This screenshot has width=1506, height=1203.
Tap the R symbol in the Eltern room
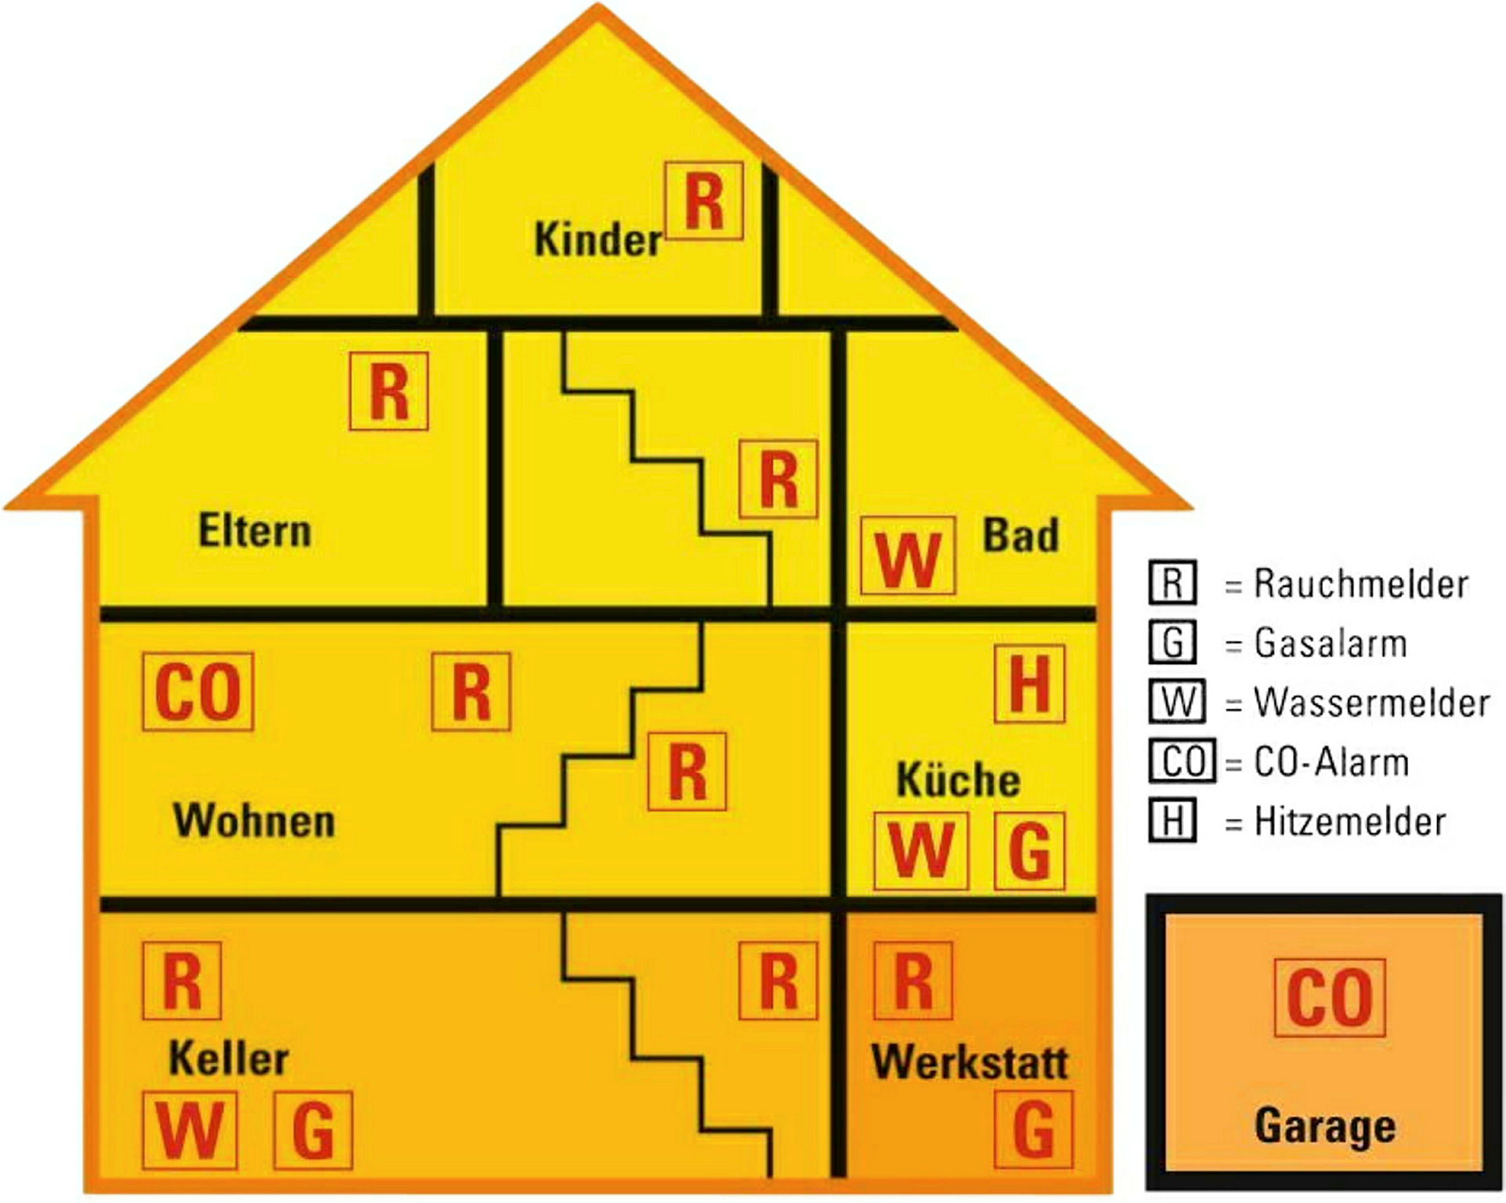[388, 391]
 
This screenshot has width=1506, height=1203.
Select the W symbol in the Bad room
[907, 556]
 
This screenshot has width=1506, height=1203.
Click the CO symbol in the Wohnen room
[198, 692]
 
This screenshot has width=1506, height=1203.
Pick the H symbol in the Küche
[1030, 684]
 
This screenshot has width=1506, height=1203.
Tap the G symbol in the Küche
[1030, 851]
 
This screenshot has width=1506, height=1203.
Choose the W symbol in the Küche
[921, 851]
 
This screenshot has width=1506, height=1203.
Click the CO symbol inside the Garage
[1330, 998]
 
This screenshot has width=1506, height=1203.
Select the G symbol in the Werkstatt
[1033, 1130]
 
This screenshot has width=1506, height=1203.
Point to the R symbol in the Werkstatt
[913, 981]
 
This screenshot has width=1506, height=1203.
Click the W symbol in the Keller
[190, 1130]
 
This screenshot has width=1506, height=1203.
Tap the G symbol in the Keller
[313, 1130]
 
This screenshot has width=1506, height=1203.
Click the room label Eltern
[255, 531]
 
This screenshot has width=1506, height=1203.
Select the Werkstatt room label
[970, 1063]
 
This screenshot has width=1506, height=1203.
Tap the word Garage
[1325, 1128]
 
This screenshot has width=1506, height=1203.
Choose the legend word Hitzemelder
[1350, 822]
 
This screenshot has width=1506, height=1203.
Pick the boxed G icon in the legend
[1173, 642]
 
